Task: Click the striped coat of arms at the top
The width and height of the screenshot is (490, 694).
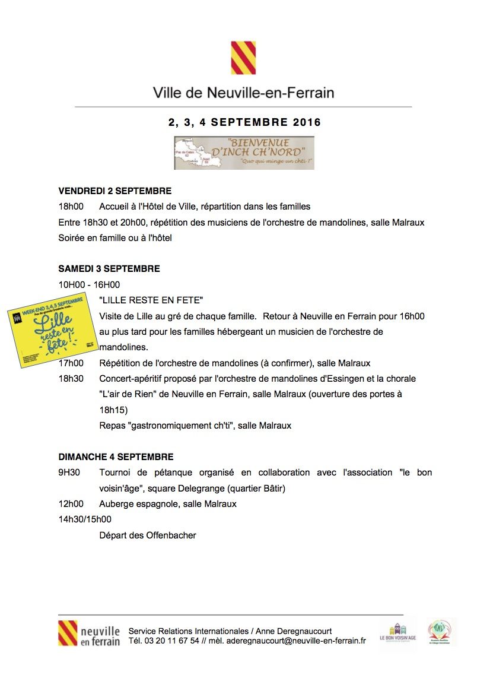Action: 243,58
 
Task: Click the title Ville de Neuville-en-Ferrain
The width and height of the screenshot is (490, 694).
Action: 243,93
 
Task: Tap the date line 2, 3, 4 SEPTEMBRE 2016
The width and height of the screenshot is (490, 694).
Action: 244,123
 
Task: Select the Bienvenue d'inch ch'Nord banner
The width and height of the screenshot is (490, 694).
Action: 244,153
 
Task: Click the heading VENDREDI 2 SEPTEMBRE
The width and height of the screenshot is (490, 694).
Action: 114,191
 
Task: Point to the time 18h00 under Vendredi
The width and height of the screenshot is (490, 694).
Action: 71,207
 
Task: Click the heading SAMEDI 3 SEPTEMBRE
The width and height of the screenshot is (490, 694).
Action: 109,269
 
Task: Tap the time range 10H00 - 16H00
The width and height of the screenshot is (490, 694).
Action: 89,284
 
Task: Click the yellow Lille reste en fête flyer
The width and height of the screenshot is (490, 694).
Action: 53,329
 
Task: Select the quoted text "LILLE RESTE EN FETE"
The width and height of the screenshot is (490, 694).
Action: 151,300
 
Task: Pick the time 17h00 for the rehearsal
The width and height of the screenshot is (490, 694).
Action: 71,363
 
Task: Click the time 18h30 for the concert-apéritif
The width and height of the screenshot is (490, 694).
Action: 71,378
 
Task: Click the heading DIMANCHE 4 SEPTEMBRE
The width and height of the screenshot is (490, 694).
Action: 116,457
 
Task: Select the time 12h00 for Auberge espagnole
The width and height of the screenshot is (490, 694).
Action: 71,504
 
